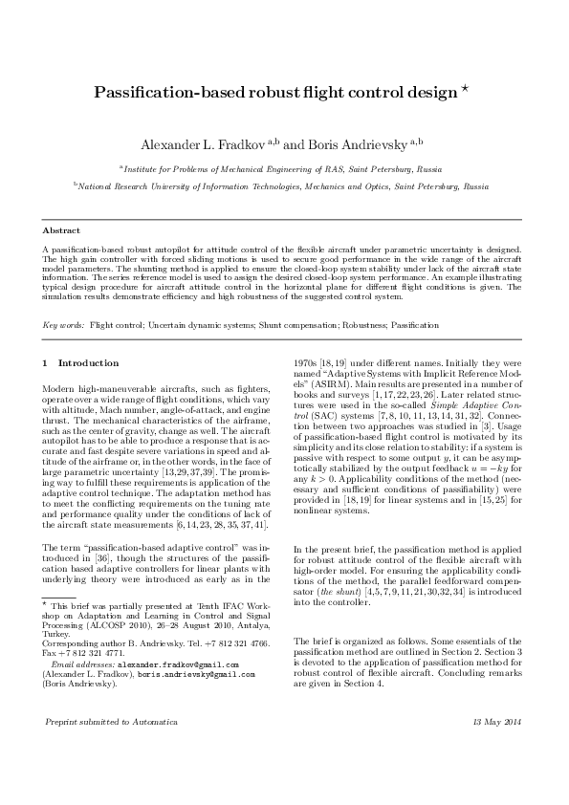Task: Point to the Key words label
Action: pos(63,326)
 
